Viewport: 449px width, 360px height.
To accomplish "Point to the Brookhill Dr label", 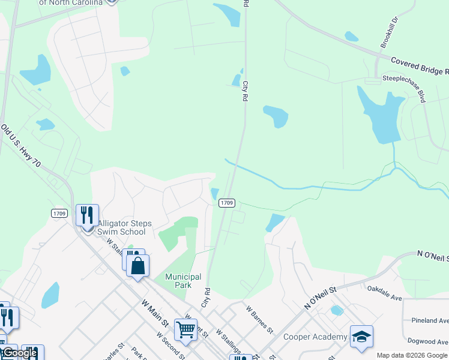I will (390, 33).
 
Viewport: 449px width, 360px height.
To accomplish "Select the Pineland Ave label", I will (429, 320).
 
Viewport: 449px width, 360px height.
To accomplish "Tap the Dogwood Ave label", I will (427, 340).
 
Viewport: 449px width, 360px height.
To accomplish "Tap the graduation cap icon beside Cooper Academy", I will (361, 337).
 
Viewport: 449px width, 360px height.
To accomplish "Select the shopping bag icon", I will (137, 265).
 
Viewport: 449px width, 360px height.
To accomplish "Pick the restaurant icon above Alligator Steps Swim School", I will (87, 214).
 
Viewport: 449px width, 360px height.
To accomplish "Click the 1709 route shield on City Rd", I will (226, 203).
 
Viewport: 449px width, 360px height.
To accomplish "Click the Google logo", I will (19, 353).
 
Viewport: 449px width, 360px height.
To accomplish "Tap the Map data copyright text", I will (412, 355).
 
